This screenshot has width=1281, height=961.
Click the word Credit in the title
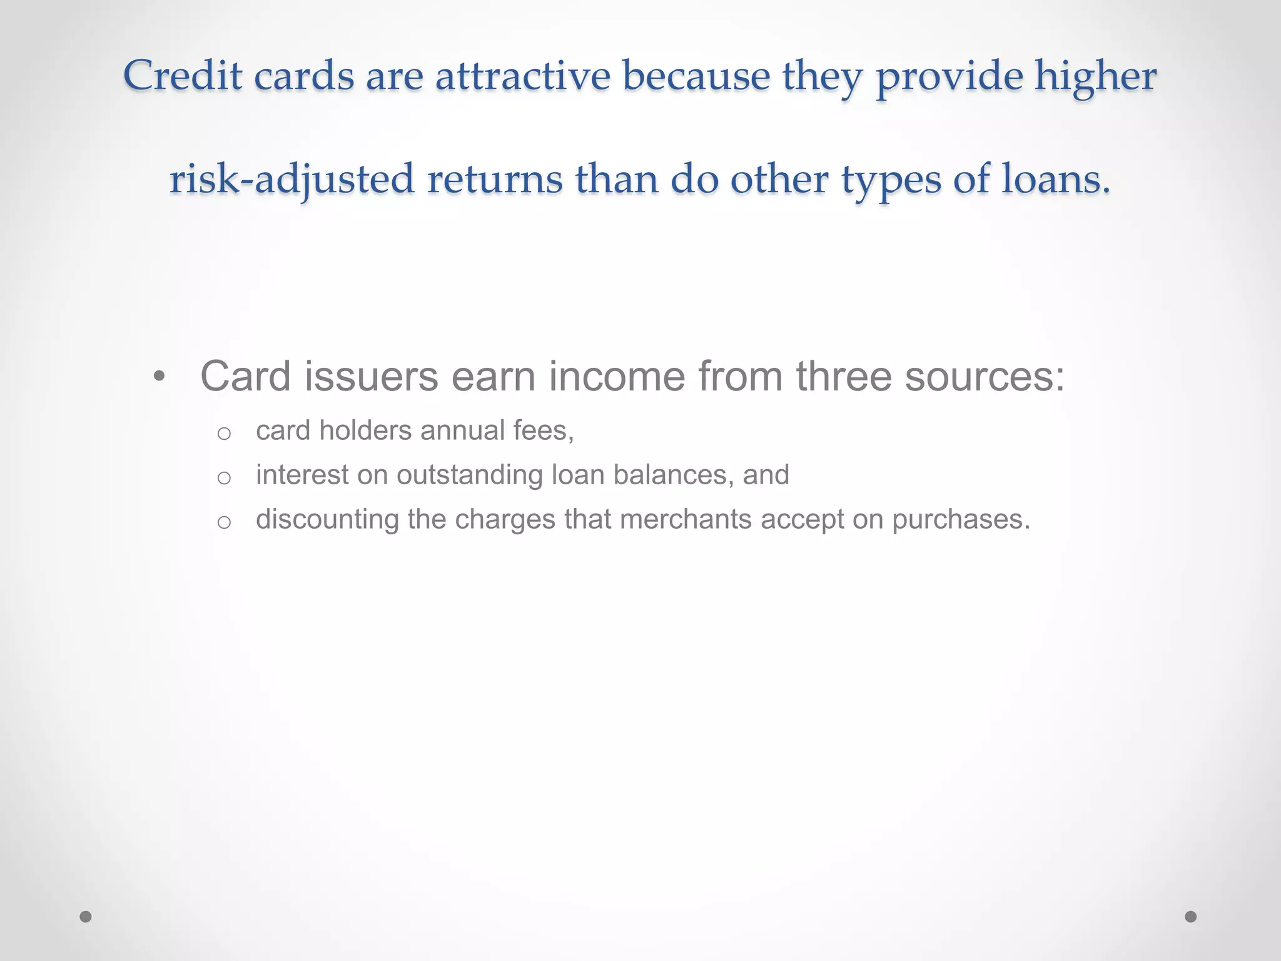tap(183, 76)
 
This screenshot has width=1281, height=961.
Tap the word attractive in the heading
tap(522, 76)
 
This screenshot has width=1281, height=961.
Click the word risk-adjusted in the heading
tap(291, 180)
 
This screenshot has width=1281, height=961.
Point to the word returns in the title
tap(495, 180)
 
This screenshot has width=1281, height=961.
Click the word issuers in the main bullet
tap(372, 377)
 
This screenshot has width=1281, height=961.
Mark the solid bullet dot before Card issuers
tap(159, 377)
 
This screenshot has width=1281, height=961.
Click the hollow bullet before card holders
tap(224, 434)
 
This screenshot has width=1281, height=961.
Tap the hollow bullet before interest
tap(224, 478)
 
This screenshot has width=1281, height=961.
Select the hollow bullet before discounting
tap(224, 522)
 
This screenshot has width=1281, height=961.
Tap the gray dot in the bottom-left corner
tap(86, 917)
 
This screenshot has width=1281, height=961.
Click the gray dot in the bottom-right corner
tap(1191, 917)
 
